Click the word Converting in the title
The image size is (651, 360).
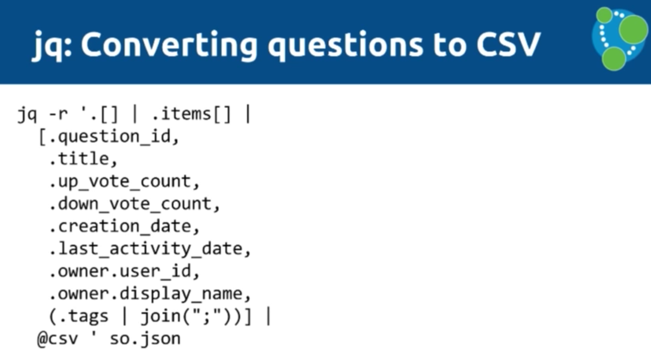pyautogui.click(x=169, y=45)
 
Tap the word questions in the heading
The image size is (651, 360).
pyautogui.click(x=345, y=46)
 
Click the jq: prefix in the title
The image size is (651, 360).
pyautogui.click(x=52, y=46)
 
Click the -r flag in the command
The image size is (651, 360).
pyautogui.click(x=59, y=114)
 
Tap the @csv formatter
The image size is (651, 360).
pyautogui.click(x=57, y=339)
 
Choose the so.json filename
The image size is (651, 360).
pyautogui.click(x=145, y=339)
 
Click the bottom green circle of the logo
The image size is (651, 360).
pyautogui.click(x=613, y=59)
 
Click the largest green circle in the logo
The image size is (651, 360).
pyautogui.click(x=633, y=29)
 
